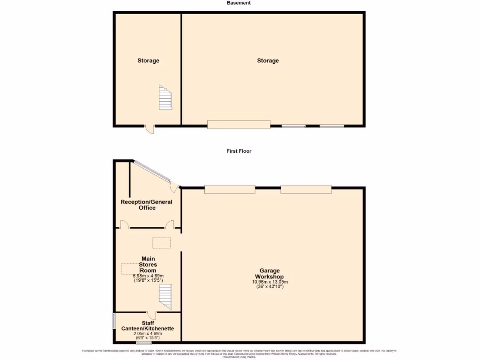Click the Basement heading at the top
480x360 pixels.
pos(239,3)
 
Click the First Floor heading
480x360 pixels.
pos(239,151)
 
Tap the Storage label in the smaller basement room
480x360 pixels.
pos(148,60)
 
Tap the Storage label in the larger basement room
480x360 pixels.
pos(268,60)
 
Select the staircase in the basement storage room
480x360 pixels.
pos(165,97)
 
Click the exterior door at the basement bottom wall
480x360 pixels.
pos(149,129)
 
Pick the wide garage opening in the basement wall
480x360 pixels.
pos(239,124)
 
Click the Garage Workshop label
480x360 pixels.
pos(270,274)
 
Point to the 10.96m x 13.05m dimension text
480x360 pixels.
pos(270,282)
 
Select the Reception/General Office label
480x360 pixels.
pos(147,205)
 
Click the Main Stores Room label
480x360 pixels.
pos(148,264)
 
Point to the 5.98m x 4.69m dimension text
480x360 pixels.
pos(148,276)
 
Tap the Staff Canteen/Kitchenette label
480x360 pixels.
pos(148,326)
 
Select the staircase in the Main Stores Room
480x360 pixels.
pos(165,297)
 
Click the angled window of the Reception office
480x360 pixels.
pos(150,172)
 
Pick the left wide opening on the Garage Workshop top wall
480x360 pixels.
pos(230,189)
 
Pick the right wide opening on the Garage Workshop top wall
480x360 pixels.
pos(306,189)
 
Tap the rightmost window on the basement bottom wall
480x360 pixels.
pos(332,126)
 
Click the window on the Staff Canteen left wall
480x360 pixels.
pos(113,321)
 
